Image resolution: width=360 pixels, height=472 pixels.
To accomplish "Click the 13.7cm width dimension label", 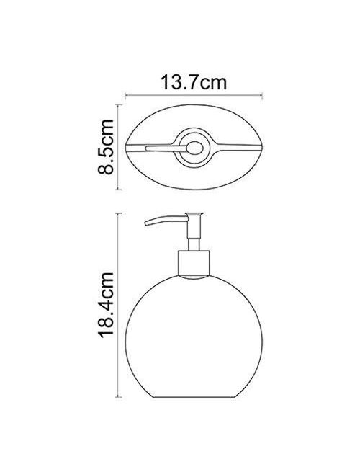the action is [194, 82].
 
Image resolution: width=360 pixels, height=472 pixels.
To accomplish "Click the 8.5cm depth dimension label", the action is [106, 147].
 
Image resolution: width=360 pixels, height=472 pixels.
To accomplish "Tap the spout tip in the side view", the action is [146, 223].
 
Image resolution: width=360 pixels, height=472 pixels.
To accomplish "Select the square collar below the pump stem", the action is [194, 263].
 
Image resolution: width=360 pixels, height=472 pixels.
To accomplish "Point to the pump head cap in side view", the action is [194, 214].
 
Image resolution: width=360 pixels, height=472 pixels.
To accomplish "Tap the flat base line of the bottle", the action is [194, 397].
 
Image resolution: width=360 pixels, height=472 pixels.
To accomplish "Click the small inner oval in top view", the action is [194, 148].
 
